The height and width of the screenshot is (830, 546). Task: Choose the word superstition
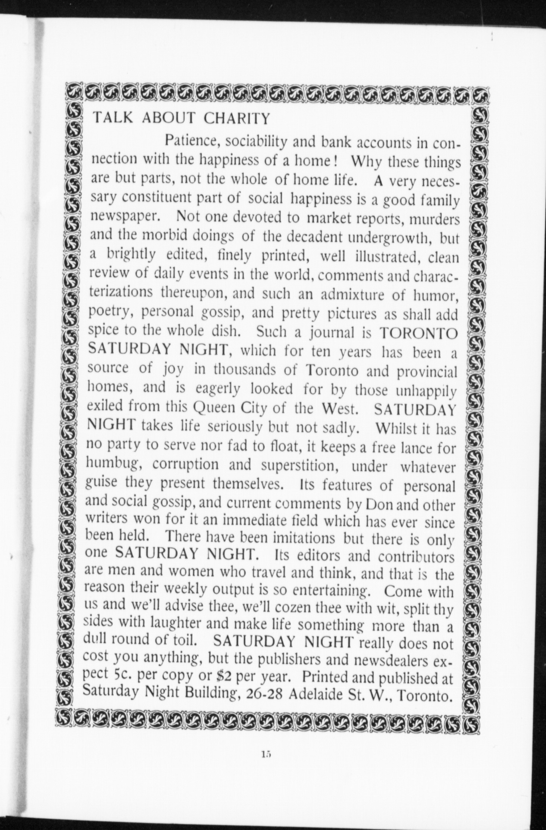coord(294,466)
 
